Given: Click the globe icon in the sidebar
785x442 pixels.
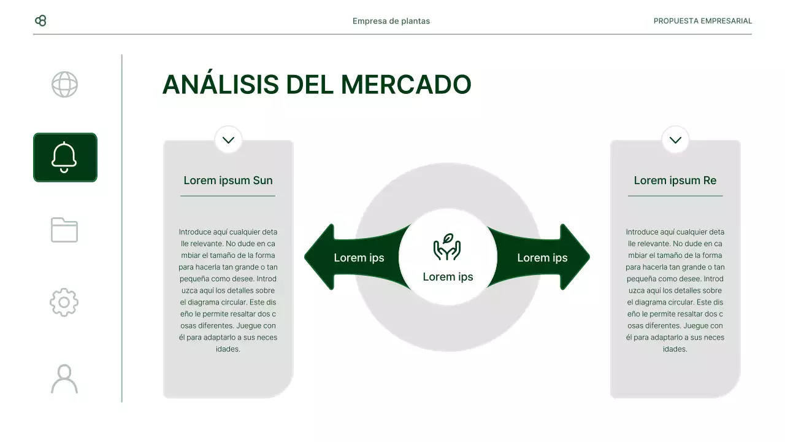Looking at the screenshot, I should click(64, 85).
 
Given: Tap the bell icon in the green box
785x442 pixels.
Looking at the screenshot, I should click(64, 157).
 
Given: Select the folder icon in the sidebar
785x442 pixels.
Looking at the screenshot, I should click(64, 230).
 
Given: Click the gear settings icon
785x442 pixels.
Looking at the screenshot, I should click(64, 302).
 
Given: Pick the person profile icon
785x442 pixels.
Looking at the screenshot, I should click(64, 379).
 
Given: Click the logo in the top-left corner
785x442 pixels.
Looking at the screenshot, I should click(40, 21).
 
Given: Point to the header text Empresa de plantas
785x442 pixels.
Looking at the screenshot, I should click(391, 21).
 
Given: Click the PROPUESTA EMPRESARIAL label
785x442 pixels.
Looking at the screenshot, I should click(702, 21).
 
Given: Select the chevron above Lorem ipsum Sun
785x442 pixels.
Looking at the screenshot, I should click(228, 140).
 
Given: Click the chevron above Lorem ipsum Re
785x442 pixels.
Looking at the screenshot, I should click(675, 140).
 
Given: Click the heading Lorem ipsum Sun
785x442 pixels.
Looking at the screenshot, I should click(228, 180).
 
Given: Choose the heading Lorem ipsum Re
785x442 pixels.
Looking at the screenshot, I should click(675, 180).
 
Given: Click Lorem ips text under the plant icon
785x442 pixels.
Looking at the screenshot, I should click(448, 277).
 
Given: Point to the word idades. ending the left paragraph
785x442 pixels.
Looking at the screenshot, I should click(228, 349).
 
